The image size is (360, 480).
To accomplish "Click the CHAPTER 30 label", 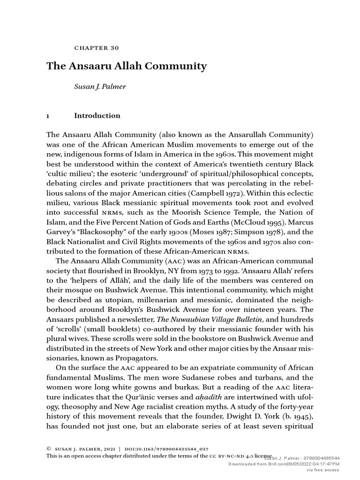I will click(97, 48).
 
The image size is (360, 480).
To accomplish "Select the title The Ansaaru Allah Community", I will click(126, 66).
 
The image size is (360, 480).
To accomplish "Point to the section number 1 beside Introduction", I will click(48, 116).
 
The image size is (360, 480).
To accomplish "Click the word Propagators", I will click(136, 359).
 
